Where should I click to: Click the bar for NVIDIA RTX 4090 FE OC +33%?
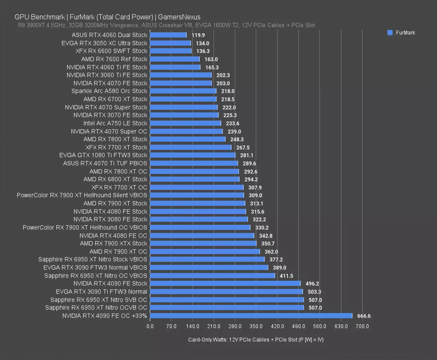pyautogui.click(x=251, y=316)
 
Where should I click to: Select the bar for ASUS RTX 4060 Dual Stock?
pyautogui.click(x=168, y=35)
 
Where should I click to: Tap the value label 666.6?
pyautogui.click(x=364, y=316)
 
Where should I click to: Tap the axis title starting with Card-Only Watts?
pyautogui.click(x=256, y=340)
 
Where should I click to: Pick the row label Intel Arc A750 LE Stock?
pyautogui.click(x=115, y=123)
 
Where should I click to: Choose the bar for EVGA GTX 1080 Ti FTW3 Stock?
pyautogui.click(x=193, y=155)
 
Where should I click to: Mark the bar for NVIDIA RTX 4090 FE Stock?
pyautogui.click(x=225, y=284)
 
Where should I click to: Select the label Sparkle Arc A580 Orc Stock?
pyautogui.click(x=109, y=91)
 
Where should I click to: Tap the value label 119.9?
pyautogui.click(x=198, y=35)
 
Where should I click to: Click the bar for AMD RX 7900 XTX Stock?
pyautogui.click(x=203, y=244)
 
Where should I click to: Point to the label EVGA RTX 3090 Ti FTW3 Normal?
pyautogui.click(x=102, y=292)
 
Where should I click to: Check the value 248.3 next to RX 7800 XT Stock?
pyautogui.click(x=237, y=139)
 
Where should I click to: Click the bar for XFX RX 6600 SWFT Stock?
pyautogui.click(x=171, y=51)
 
